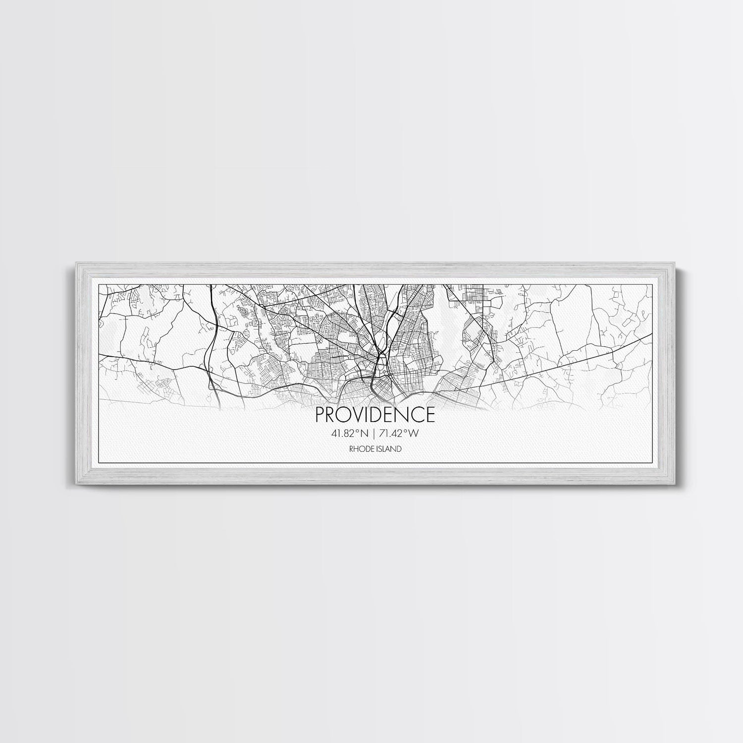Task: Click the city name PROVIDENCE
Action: click(375, 414)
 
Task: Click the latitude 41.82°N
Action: click(350, 433)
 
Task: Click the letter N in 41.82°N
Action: click(365, 433)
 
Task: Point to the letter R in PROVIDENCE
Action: click(329, 414)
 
